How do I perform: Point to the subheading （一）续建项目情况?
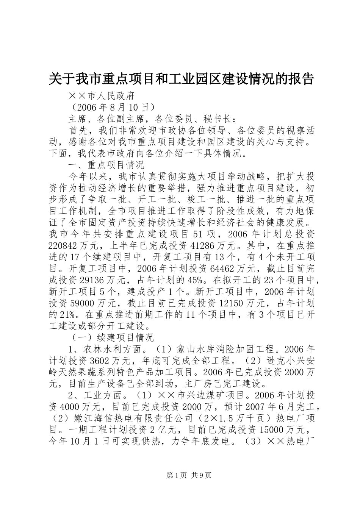click(112, 337)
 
